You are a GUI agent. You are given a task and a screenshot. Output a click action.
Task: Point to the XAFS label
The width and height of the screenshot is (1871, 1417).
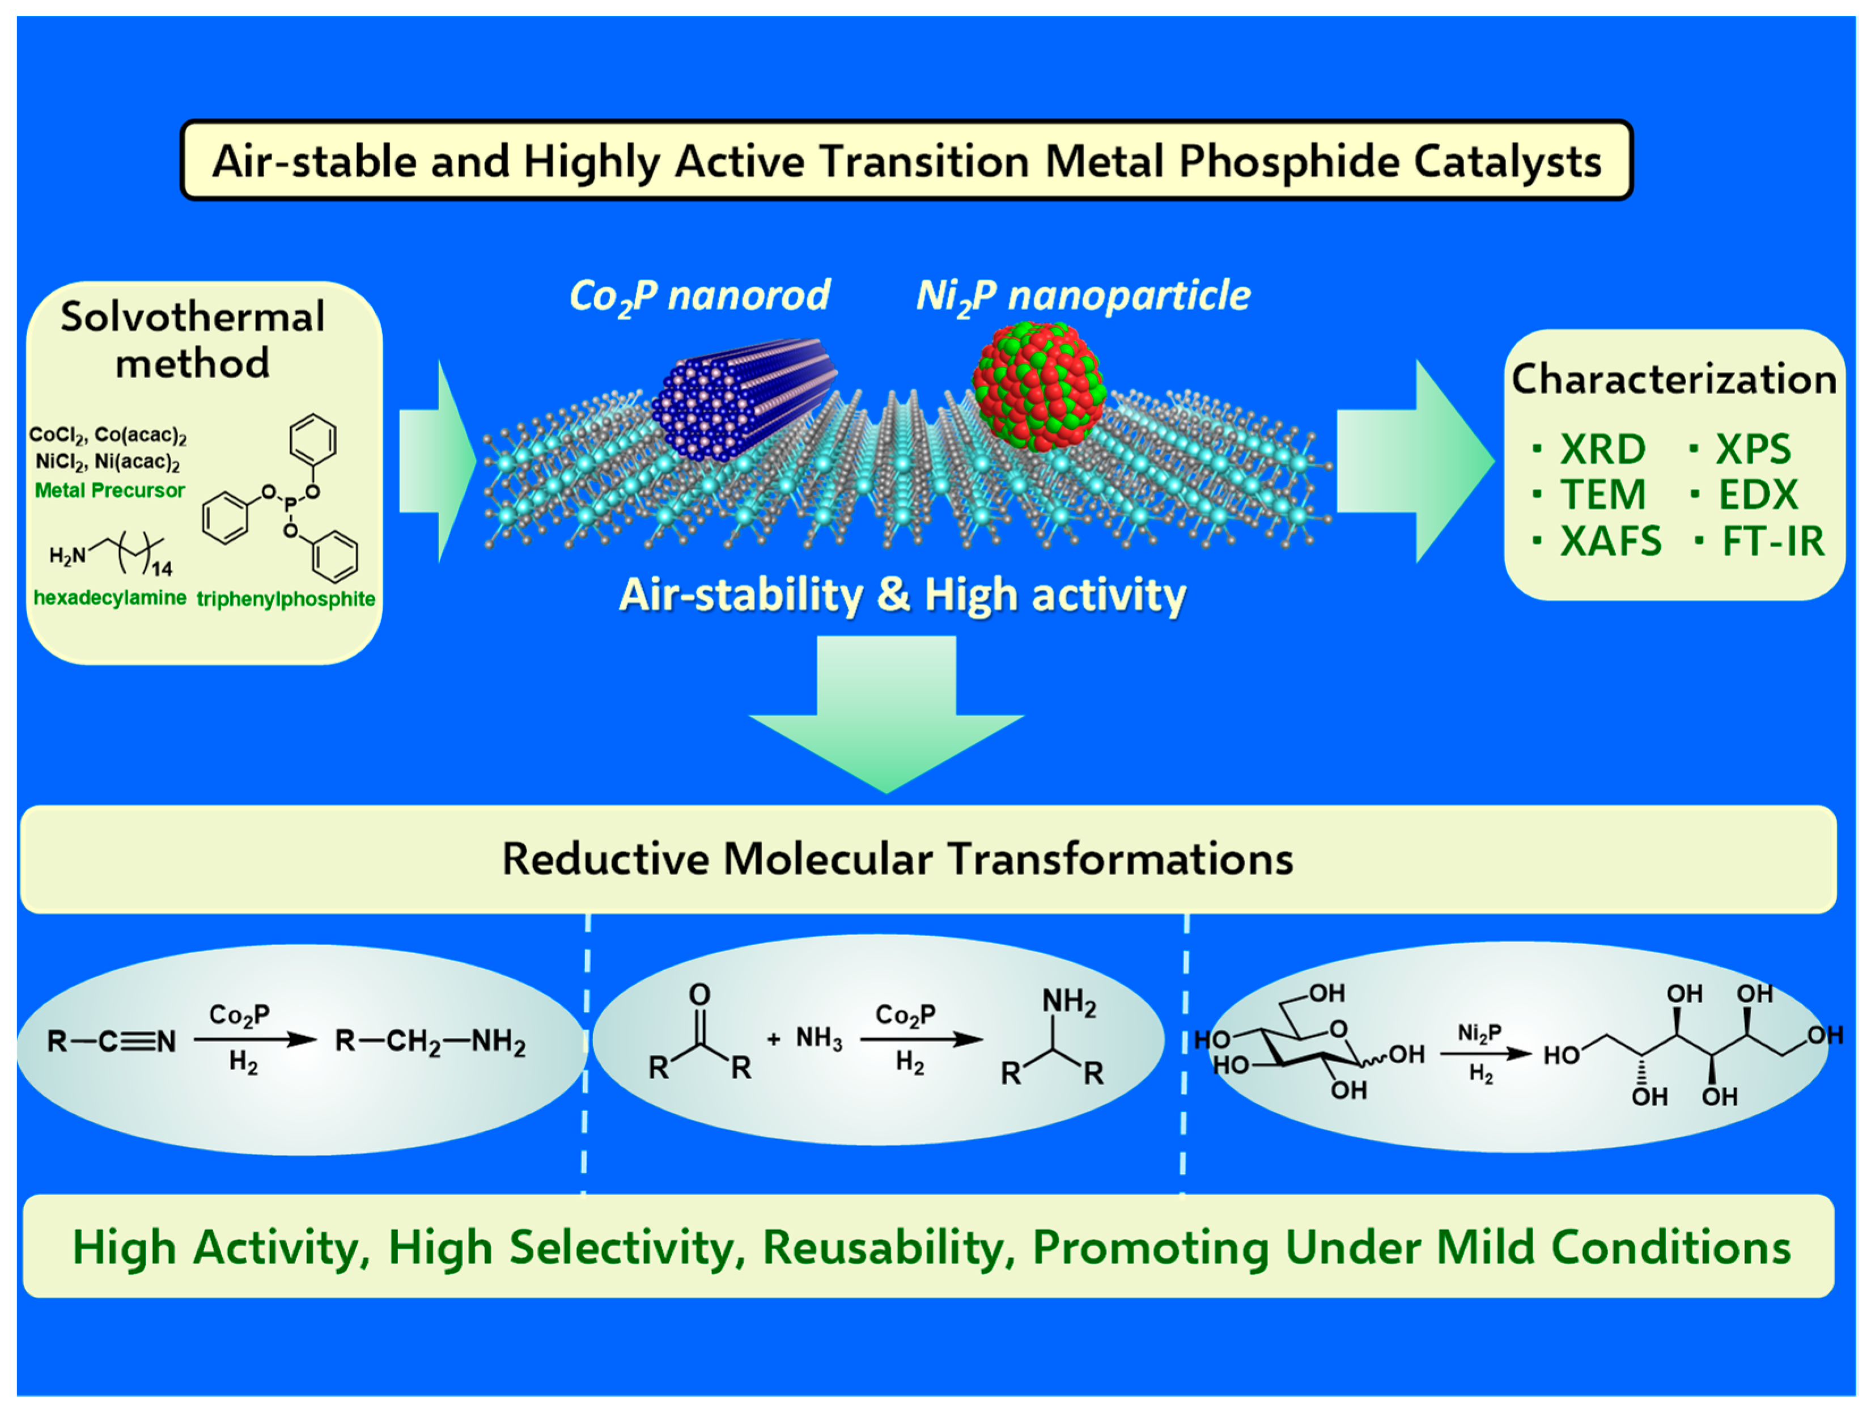click(1610, 542)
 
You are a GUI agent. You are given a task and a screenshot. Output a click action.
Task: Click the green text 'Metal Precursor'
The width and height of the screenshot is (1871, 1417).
click(109, 490)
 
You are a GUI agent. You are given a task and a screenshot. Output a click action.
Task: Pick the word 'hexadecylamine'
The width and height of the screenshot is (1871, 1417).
click(110, 598)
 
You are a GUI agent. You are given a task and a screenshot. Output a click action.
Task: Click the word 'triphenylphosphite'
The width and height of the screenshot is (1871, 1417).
click(286, 599)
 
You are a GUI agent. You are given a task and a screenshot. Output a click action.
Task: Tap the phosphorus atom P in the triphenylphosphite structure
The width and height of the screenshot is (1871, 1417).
click(290, 505)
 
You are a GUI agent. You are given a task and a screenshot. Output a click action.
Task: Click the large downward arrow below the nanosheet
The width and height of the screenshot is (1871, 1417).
click(886, 719)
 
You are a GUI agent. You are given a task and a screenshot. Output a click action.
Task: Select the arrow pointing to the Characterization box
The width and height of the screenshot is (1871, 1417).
click(1412, 461)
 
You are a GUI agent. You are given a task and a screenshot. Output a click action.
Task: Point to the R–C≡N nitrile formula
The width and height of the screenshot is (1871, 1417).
click(111, 1042)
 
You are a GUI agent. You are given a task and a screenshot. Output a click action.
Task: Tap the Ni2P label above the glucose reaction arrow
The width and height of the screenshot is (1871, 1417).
click(1479, 1033)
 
